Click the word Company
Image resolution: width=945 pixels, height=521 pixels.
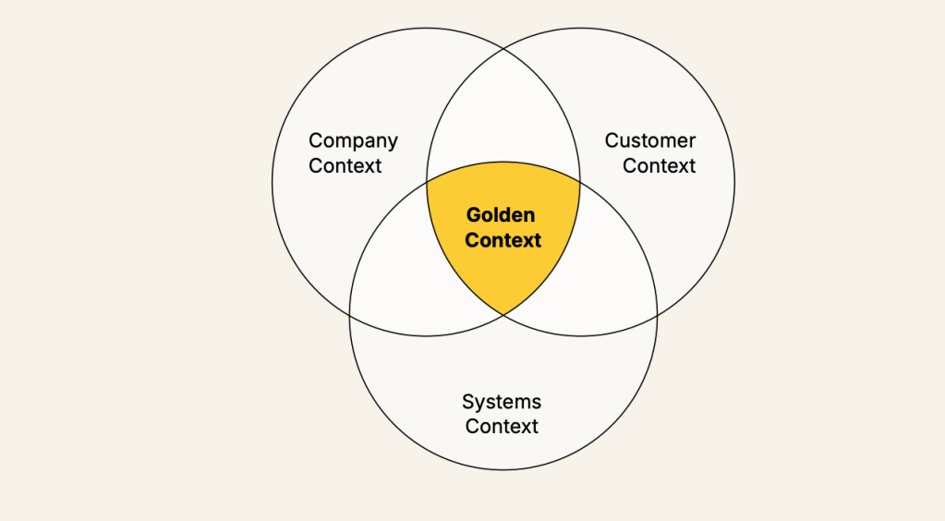353,141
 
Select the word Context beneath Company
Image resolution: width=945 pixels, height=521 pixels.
345,166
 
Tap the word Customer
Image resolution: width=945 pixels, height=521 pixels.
649,140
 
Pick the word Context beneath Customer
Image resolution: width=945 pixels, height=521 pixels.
659,166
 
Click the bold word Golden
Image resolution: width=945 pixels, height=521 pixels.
501,214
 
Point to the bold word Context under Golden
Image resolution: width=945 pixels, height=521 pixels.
503,240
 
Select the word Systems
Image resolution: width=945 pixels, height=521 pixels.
502,403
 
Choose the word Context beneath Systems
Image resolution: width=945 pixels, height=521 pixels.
502,427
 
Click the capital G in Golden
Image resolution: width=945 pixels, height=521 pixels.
474,214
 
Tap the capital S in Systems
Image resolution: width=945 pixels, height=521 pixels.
468,402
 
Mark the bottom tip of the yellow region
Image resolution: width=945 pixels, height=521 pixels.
503,315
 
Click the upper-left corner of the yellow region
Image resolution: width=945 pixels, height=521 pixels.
427,181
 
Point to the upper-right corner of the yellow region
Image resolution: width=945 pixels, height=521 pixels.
580,181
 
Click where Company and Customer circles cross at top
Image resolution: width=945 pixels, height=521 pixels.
503,49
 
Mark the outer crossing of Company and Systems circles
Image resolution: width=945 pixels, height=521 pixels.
350,315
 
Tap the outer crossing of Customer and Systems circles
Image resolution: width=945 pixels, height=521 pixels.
657,315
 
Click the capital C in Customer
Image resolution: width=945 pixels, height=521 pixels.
612,140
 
